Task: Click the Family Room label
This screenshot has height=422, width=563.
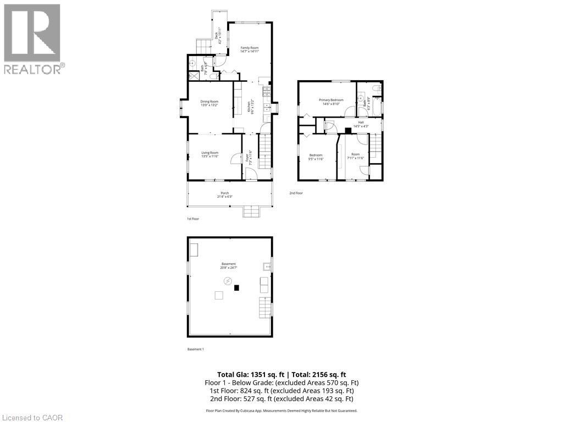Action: pos(249,48)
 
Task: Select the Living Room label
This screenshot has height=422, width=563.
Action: pos(209,153)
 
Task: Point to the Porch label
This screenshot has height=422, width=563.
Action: pos(224,193)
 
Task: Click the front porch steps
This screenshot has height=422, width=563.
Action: pos(251,212)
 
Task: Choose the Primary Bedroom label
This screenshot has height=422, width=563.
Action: pos(331,99)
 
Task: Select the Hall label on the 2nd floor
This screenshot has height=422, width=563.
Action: pos(361,122)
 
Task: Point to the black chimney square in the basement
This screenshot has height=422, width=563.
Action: pos(237,287)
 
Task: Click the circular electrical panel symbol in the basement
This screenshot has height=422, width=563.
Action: pos(228,281)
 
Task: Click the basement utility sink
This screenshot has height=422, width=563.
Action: pos(266,267)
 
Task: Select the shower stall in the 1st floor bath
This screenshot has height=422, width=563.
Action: pos(194,75)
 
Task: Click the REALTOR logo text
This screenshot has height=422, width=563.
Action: pos(32,69)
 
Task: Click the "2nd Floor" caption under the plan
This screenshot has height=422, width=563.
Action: pos(296,193)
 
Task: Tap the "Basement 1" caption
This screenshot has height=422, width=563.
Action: pos(196,349)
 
